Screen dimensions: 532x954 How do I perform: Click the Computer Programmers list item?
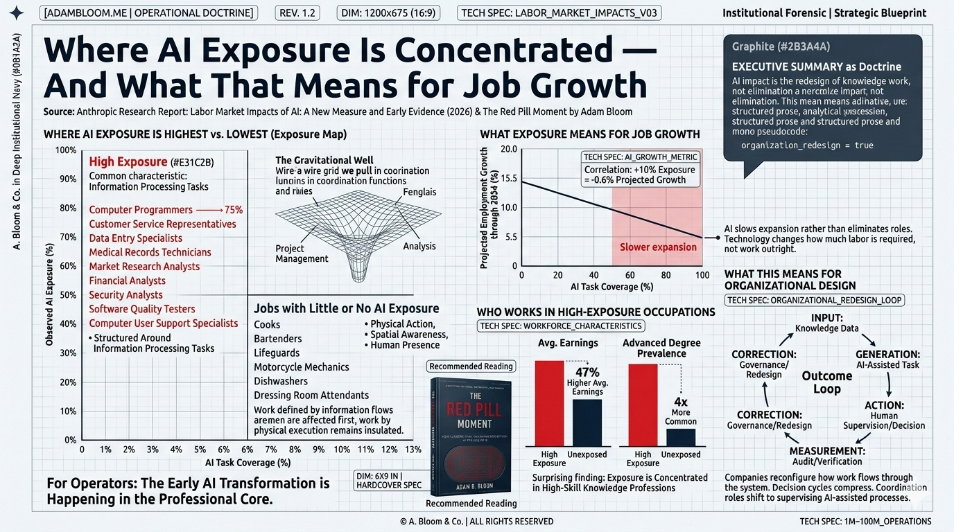pyautogui.click(x=141, y=210)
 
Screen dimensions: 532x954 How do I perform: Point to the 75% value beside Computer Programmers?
pyautogui.click(x=233, y=210)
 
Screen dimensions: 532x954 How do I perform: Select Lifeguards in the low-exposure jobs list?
pyautogui.click(x=277, y=353)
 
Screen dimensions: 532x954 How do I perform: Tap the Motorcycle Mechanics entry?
pyautogui.click(x=302, y=367)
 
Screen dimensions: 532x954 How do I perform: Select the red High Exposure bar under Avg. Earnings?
pyautogui.click(x=549, y=403)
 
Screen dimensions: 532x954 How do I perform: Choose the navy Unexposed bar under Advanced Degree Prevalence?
pyautogui.click(x=680, y=437)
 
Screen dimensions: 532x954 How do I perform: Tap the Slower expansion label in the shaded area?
pyautogui.click(x=657, y=247)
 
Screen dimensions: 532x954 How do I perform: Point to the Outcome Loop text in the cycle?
pyautogui.click(x=827, y=382)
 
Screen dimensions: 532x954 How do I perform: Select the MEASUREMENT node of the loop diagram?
pyautogui.click(x=826, y=456)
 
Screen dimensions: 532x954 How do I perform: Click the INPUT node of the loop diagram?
pyautogui.click(x=826, y=323)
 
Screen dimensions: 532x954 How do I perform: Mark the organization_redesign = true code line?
pyautogui.click(x=807, y=145)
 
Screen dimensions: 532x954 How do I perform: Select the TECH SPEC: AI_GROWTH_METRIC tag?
pyautogui.click(x=640, y=157)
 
